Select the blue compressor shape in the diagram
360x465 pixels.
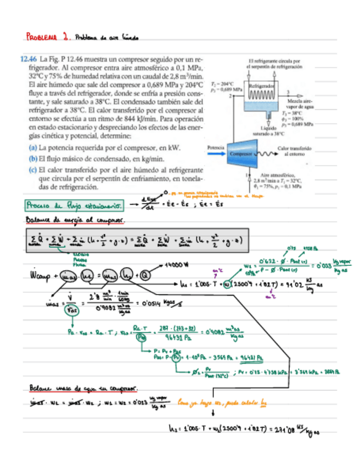point(244,153)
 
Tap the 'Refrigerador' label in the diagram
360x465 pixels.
point(261,86)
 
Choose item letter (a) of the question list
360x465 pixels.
point(32,148)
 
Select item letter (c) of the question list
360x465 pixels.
point(32,169)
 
